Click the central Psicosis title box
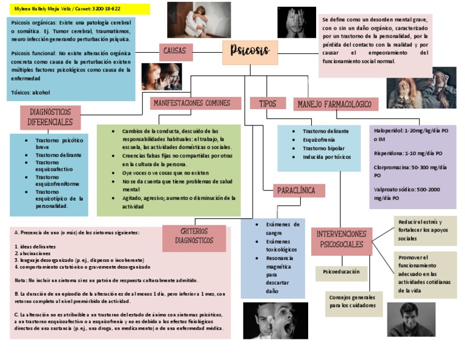pyautogui.click(x=250, y=52)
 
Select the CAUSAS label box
pyautogui.click(x=176, y=52)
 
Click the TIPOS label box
pyautogui.click(x=267, y=104)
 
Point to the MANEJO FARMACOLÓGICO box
pyautogui.click(x=335, y=104)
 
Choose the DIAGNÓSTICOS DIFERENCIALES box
pyautogui.click(x=50, y=117)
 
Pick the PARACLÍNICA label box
pyautogui.click(x=297, y=190)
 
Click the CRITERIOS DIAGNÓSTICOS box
pyautogui.click(x=194, y=236)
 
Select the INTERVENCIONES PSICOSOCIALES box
pyautogui.click(x=341, y=239)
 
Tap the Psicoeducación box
pyautogui.click(x=341, y=272)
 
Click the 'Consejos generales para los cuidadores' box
pyautogui.click(x=352, y=302)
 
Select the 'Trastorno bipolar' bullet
pyautogui.click(x=324, y=148)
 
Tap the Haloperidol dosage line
pyautogui.click(x=411, y=135)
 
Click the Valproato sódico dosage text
pyautogui.click(x=411, y=193)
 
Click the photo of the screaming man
pyautogui.click(x=275, y=320)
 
